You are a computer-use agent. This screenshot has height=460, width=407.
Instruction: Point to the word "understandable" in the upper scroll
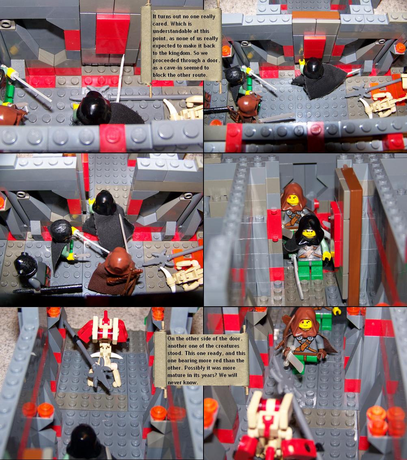click(x=170, y=31)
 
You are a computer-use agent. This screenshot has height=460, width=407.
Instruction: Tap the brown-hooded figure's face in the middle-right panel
click(x=292, y=200)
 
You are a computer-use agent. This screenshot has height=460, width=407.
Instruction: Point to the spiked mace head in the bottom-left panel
click(x=97, y=374)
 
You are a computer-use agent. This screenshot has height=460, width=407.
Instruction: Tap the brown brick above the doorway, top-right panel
click(x=316, y=15)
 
